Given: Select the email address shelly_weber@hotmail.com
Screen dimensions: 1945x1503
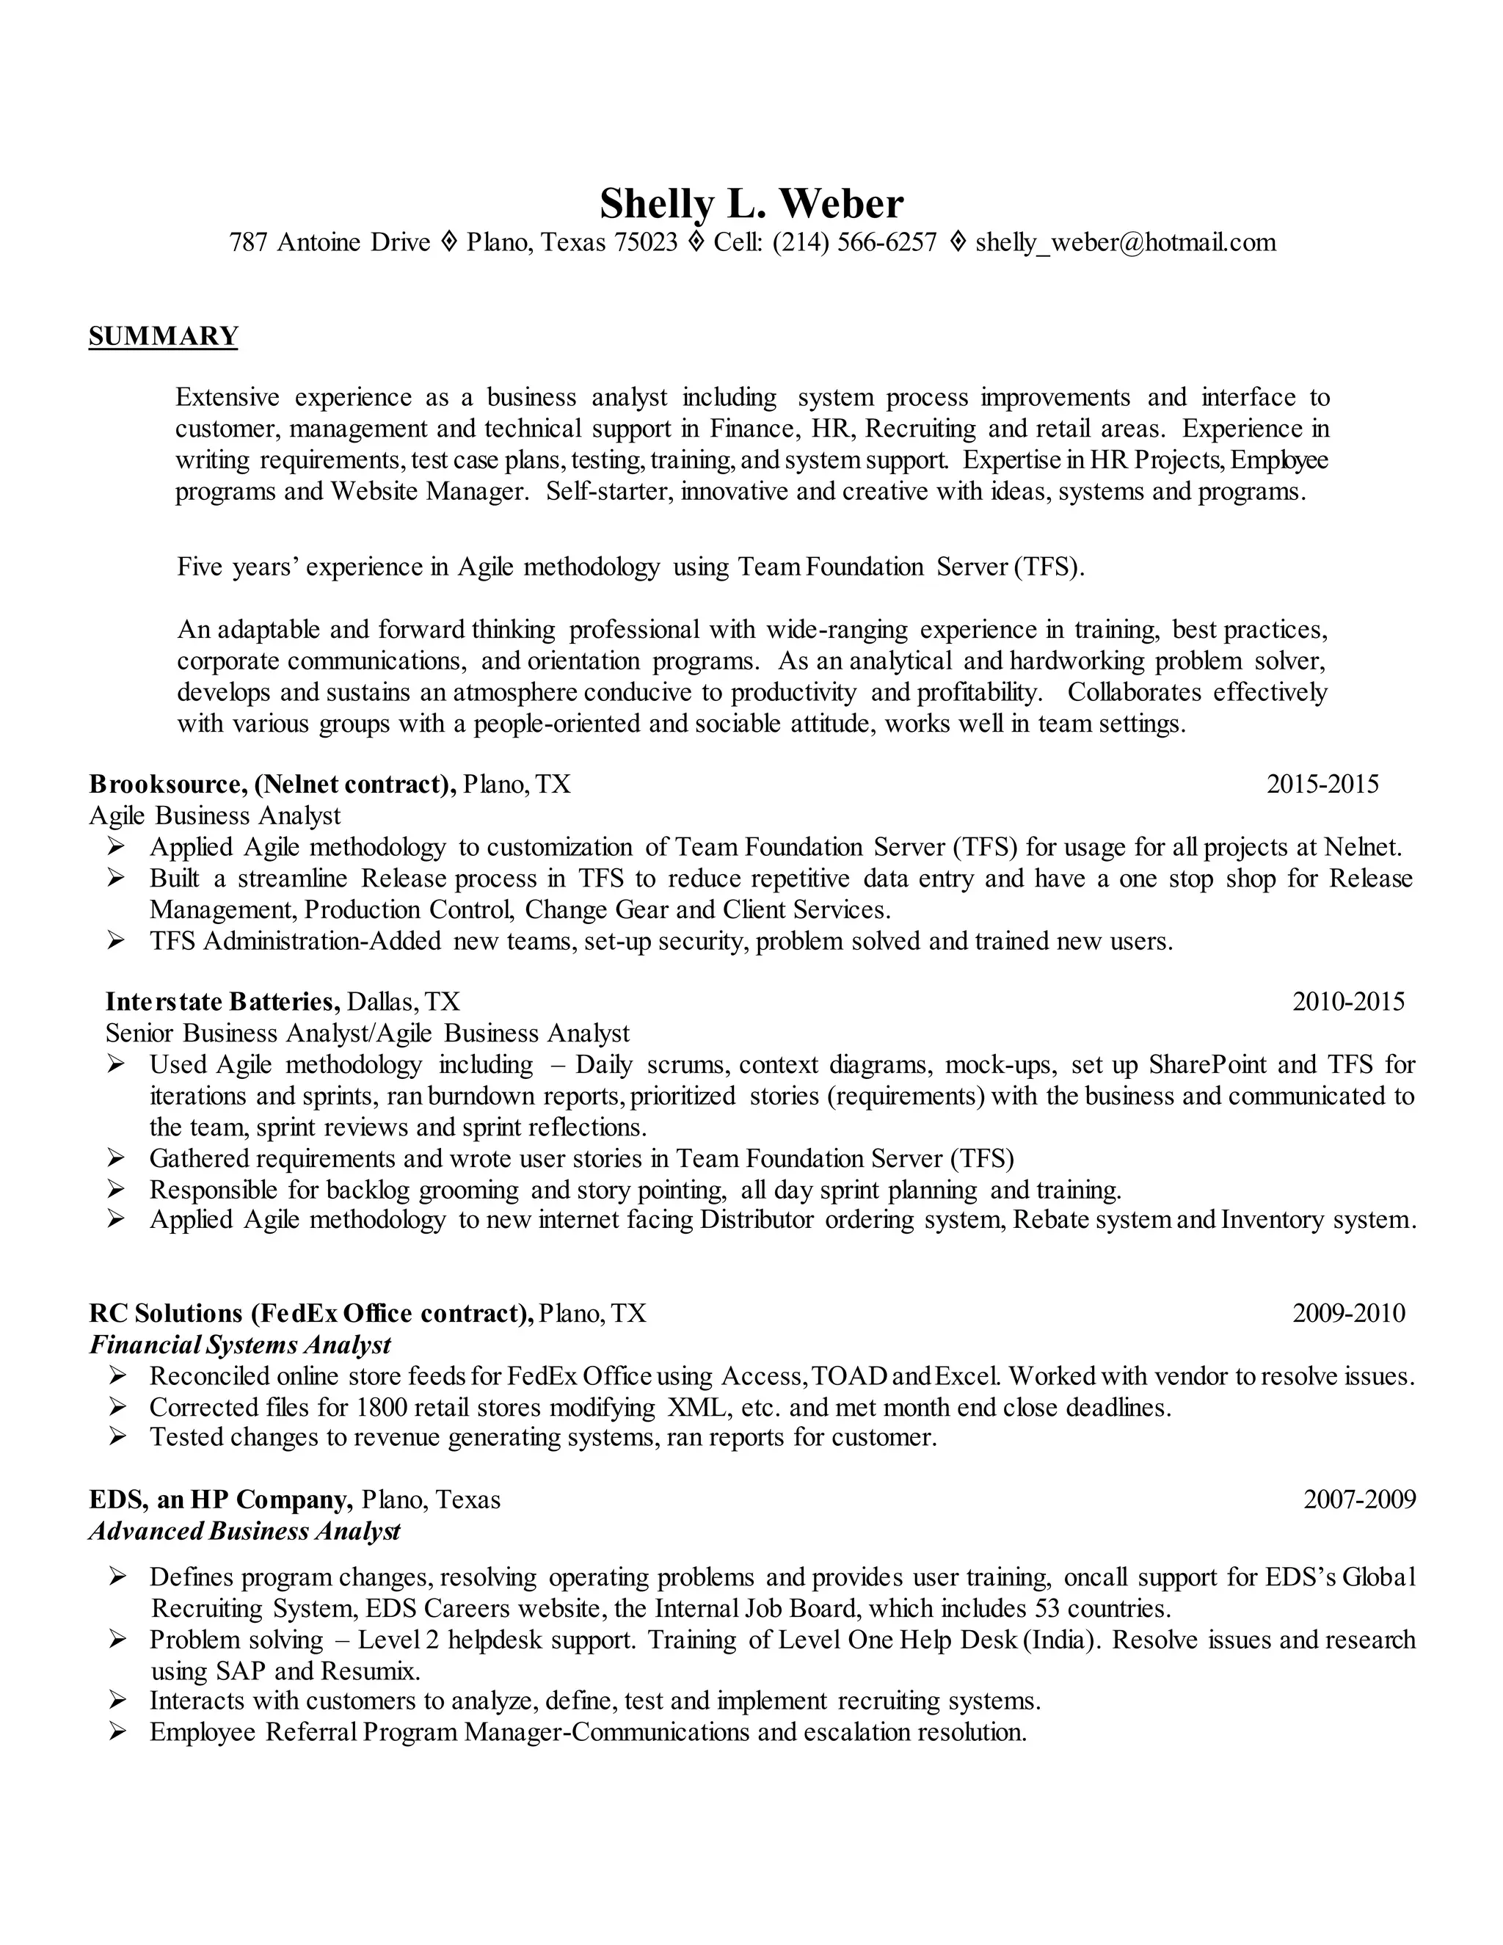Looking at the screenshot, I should [1126, 242].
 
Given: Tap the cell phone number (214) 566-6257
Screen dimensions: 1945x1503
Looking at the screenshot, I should [854, 242].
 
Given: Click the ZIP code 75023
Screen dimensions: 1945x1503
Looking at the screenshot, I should [646, 242].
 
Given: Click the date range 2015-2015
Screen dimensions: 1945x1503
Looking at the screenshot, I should [1322, 784].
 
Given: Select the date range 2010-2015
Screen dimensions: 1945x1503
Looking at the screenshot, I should [1348, 1002].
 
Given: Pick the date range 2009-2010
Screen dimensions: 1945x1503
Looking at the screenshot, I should [1348, 1313].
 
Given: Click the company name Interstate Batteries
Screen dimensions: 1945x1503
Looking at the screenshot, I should [222, 1002].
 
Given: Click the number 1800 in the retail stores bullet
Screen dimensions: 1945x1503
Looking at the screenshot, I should [382, 1407].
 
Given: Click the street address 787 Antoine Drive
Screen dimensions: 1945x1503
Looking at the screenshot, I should [330, 242].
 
